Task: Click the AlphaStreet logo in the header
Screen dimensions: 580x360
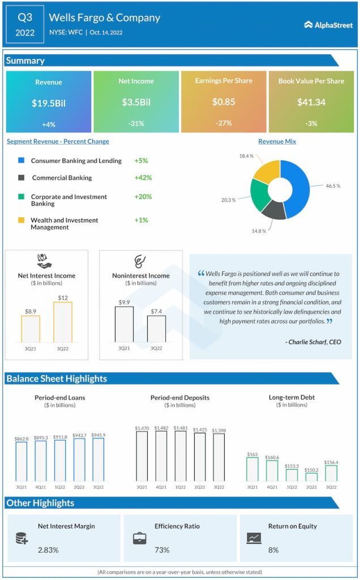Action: (x=328, y=24)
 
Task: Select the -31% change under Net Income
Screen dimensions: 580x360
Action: (x=136, y=123)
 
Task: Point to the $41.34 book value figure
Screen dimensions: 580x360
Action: (x=311, y=103)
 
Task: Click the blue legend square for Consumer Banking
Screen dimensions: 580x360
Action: (x=21, y=161)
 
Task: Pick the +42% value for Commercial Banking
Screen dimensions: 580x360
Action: (x=143, y=177)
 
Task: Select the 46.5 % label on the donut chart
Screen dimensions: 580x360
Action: (x=333, y=185)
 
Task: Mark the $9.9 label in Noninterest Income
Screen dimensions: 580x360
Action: (x=124, y=302)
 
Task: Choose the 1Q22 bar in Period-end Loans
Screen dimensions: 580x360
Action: (x=60, y=460)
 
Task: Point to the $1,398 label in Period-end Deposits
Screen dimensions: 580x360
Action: (x=218, y=430)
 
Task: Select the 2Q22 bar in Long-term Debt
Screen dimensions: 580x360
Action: (x=311, y=477)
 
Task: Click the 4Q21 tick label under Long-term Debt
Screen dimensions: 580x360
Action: (x=272, y=487)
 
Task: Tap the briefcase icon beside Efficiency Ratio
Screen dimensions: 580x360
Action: (x=139, y=538)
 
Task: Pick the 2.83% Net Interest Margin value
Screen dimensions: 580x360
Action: (x=48, y=550)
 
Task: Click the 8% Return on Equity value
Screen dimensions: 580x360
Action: (x=273, y=550)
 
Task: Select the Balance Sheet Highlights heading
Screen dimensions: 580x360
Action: (x=57, y=378)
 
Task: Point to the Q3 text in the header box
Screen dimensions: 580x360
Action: (x=24, y=18)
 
